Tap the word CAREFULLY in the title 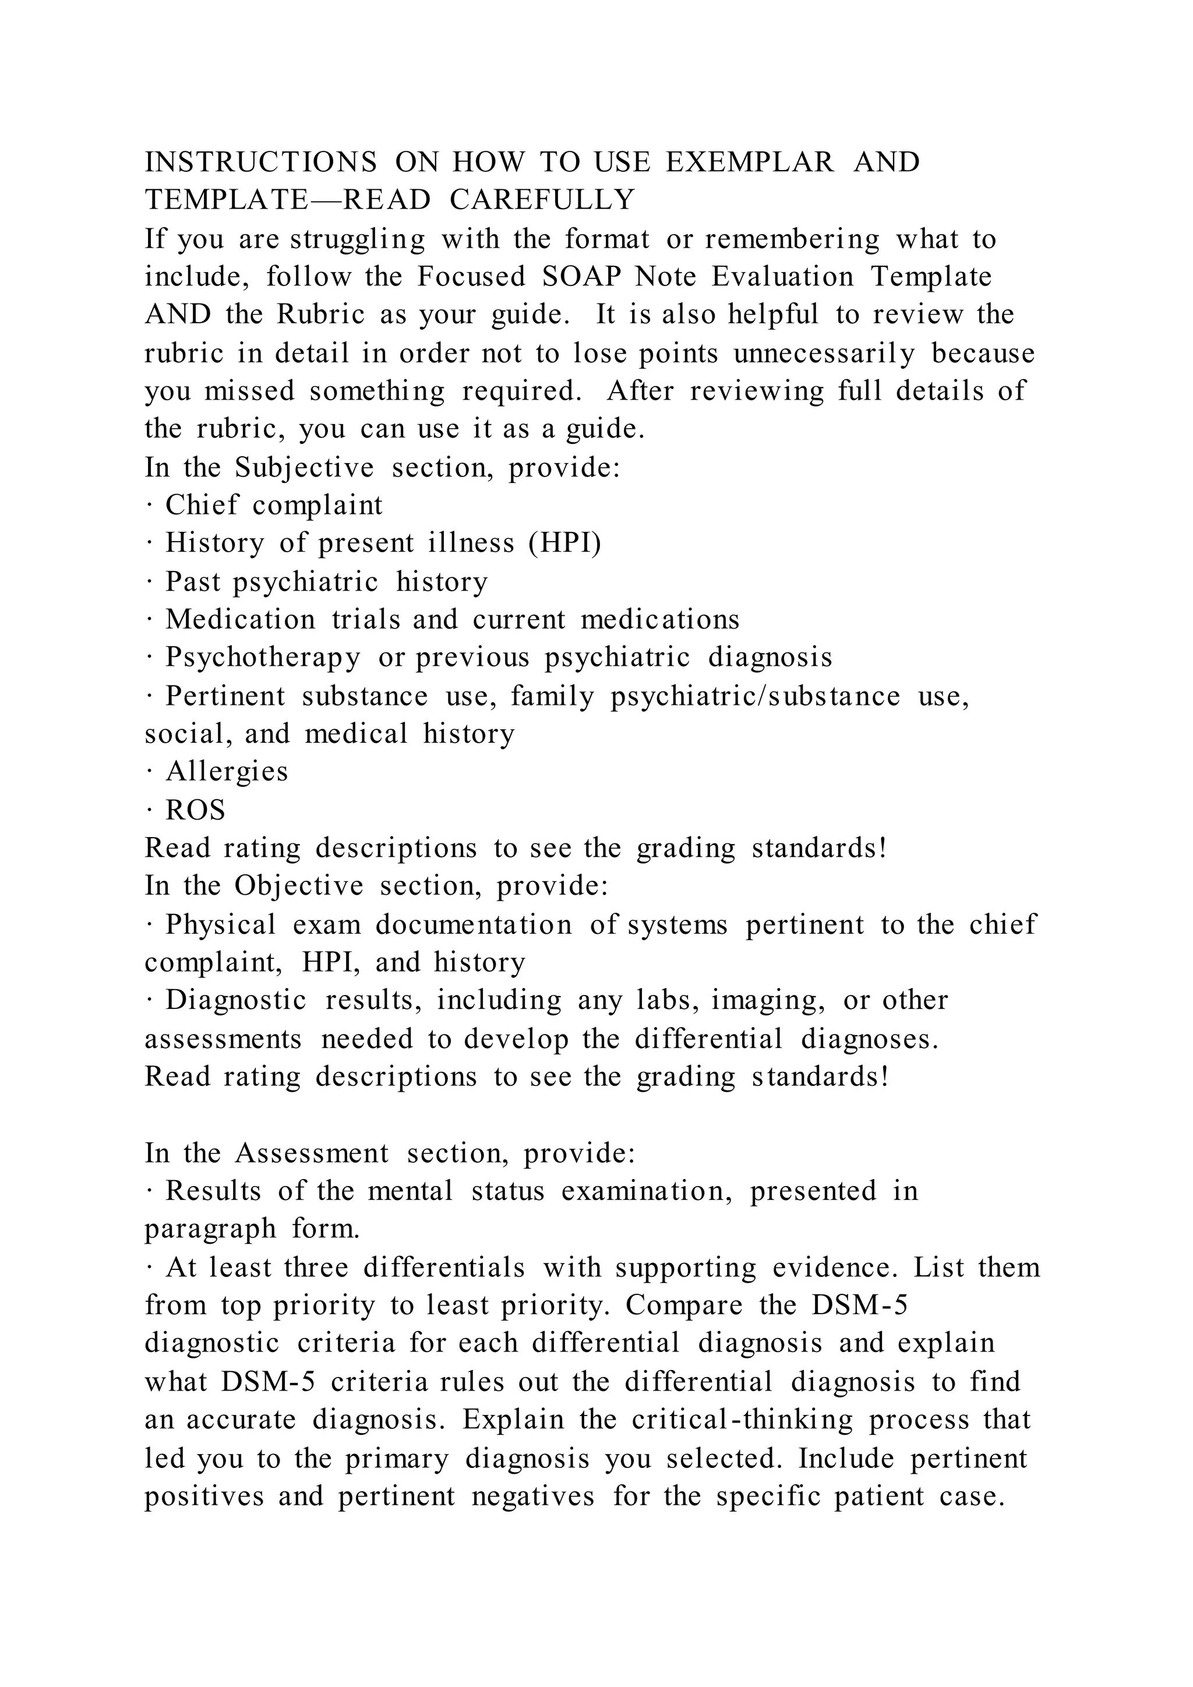pos(542,200)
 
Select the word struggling pos(358,239)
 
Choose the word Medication pos(240,619)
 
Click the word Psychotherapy pos(263,658)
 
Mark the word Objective pos(299,886)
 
